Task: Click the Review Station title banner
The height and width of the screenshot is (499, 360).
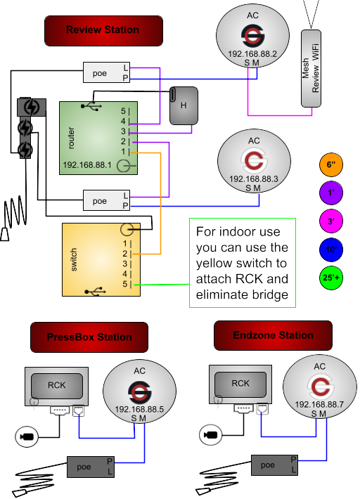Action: tap(103, 31)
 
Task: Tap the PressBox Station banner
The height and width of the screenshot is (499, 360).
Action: tap(89, 337)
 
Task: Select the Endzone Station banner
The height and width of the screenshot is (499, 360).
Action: tap(273, 335)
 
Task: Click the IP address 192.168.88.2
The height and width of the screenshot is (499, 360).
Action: tap(252, 54)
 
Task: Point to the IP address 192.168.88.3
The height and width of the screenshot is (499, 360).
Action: tap(254, 179)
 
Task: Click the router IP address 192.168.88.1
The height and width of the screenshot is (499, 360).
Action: tap(87, 165)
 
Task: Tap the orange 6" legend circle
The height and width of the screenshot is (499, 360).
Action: tap(331, 164)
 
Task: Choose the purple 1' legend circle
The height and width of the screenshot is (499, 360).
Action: tap(331, 193)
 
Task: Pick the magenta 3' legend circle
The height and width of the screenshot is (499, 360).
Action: tap(331, 221)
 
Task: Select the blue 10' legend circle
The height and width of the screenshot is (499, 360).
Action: tap(331, 249)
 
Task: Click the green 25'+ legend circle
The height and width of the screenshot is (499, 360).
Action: tap(331, 278)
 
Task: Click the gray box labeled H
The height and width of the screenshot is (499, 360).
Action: tap(184, 105)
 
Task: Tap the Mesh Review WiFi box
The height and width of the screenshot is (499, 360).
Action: tap(311, 68)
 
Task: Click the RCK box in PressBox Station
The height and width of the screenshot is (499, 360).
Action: tap(57, 386)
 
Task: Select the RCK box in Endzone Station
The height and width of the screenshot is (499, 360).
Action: tap(240, 384)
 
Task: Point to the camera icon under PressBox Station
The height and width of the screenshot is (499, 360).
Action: tap(27, 436)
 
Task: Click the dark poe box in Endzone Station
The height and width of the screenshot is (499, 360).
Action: tap(274, 465)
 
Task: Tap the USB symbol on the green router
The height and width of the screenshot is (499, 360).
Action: tap(91, 106)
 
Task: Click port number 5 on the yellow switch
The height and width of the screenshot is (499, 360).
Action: tap(124, 284)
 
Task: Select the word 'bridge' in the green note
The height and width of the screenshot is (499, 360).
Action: tap(270, 294)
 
